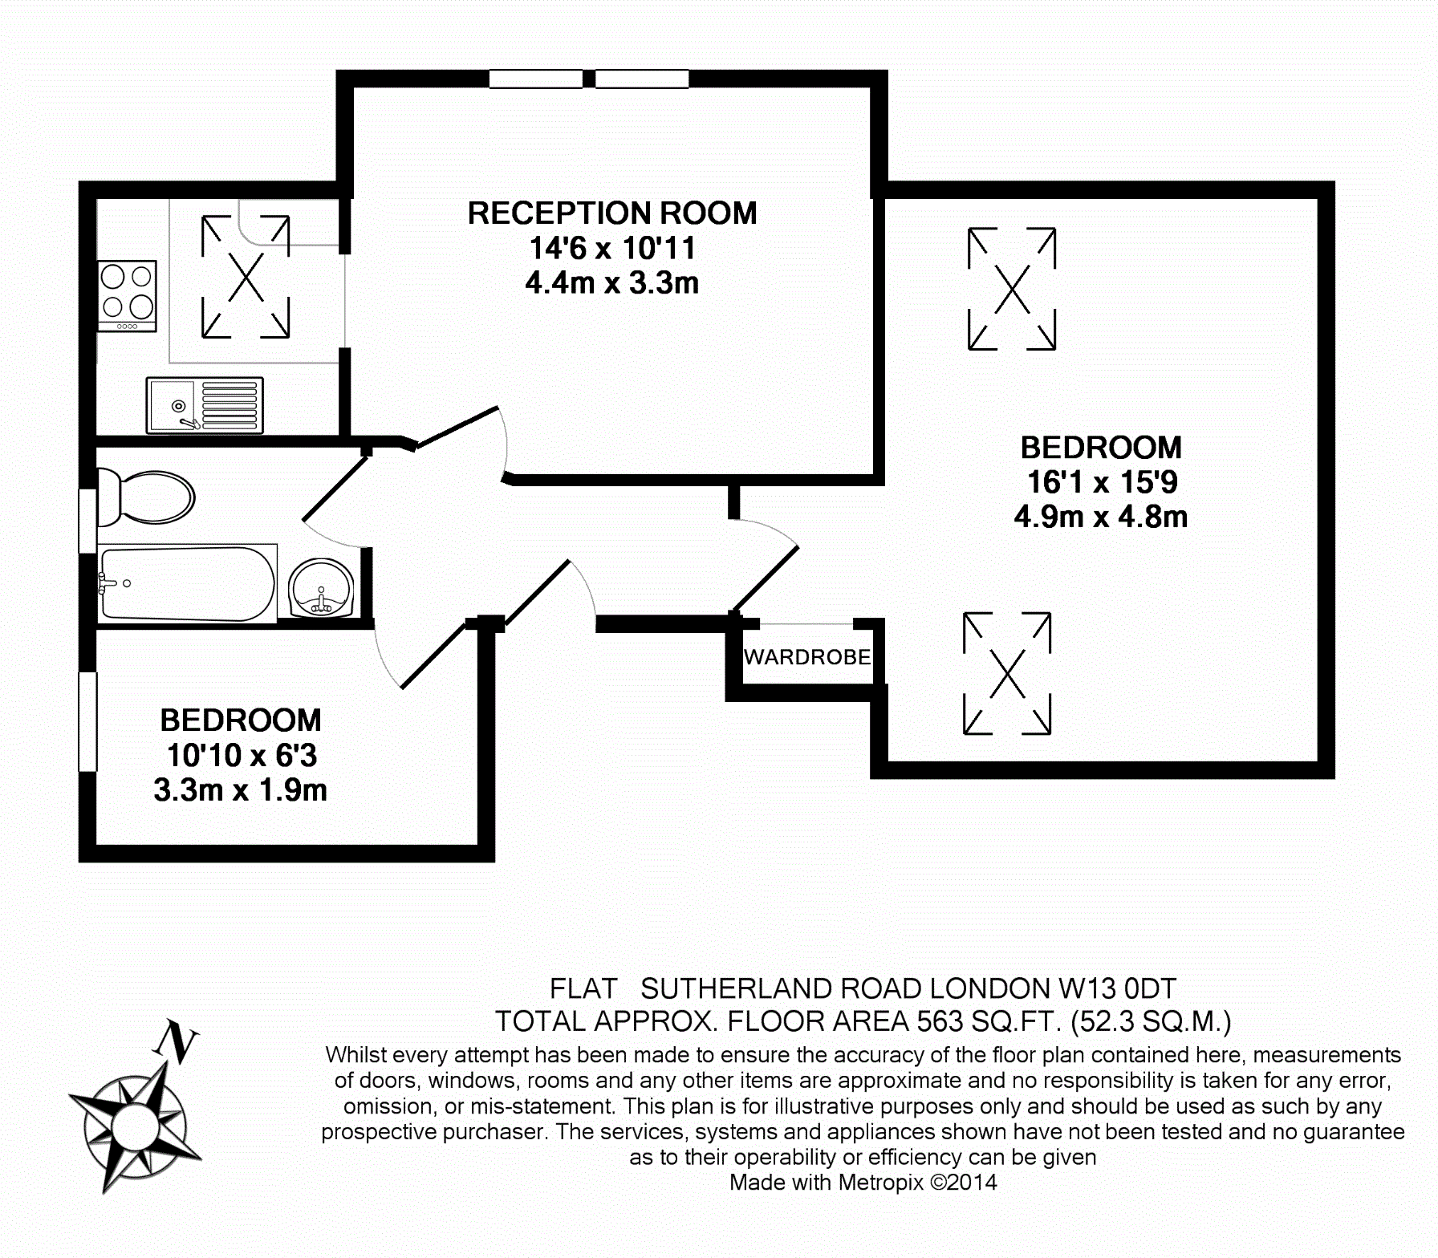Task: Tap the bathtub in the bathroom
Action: pos(187,583)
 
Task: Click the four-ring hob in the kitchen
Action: pos(127,294)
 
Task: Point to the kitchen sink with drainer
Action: pos(205,405)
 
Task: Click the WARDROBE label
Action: pos(806,657)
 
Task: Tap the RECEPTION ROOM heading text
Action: pos(611,213)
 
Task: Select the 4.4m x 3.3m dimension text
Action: pos(611,283)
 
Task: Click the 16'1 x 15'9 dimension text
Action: pos(1102,482)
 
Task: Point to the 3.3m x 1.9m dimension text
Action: pos(240,790)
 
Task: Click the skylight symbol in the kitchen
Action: pos(246,277)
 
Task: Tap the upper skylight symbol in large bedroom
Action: pos(1012,289)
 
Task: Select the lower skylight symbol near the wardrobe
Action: pos(1007,673)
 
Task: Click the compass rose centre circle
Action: pos(132,1128)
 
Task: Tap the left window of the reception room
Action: pos(535,79)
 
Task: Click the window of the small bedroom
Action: pos(87,722)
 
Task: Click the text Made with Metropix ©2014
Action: pos(863,1182)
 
